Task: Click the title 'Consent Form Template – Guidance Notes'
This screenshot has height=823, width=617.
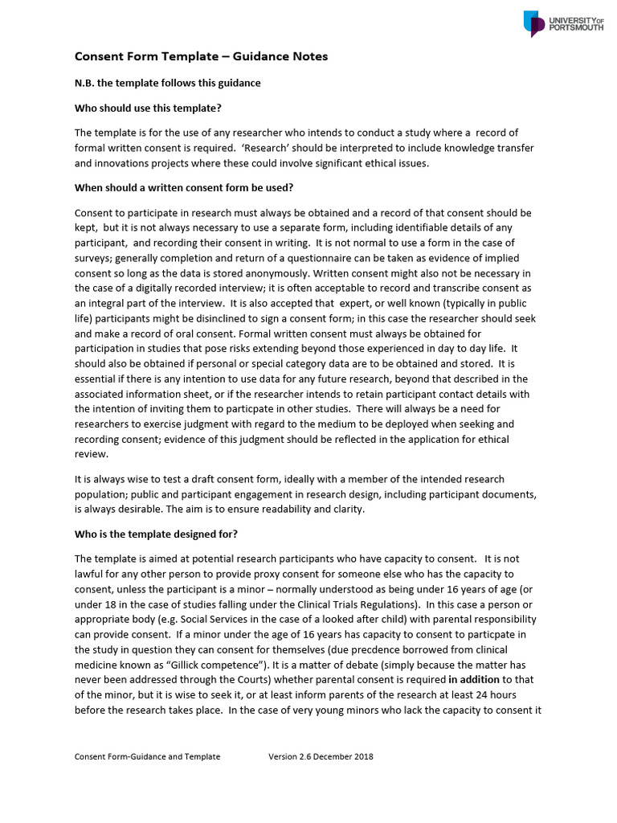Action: tap(201, 56)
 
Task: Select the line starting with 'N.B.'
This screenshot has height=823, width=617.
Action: tap(167, 83)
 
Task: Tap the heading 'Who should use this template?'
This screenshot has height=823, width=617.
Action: tap(148, 108)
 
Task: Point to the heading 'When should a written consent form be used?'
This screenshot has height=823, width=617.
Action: tap(184, 187)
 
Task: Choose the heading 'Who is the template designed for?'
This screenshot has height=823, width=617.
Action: tap(156, 534)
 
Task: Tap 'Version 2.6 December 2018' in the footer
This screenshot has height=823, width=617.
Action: tap(321, 756)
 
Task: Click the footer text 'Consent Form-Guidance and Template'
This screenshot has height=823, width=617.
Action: tap(147, 756)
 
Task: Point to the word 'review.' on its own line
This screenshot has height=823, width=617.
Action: tap(91, 453)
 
